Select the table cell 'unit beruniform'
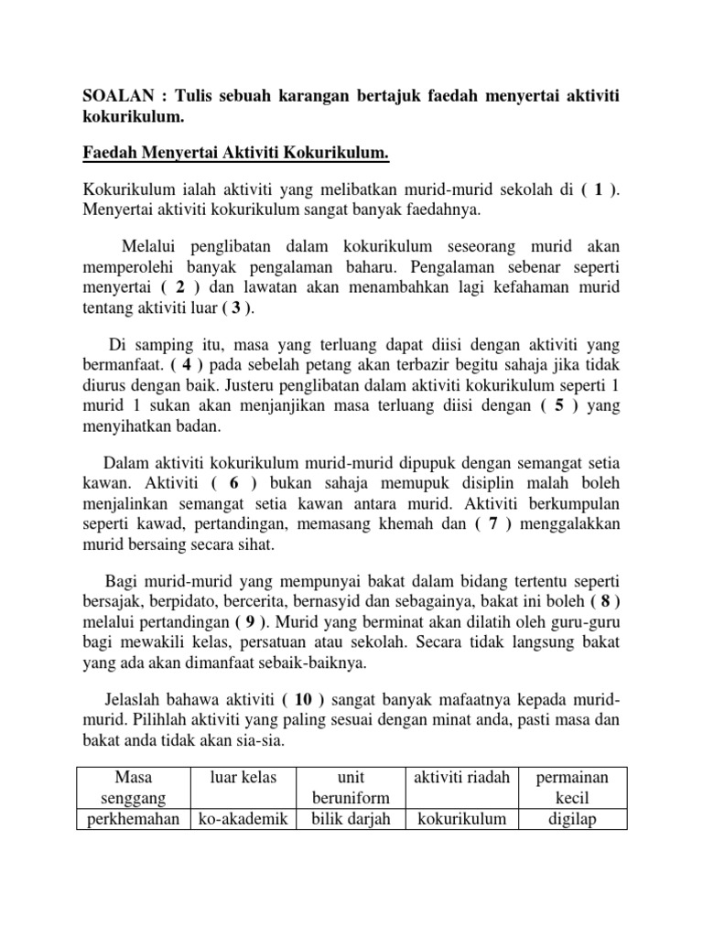pos(351,787)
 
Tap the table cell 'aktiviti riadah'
pos(461,777)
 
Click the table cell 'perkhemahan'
pos(134,818)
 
